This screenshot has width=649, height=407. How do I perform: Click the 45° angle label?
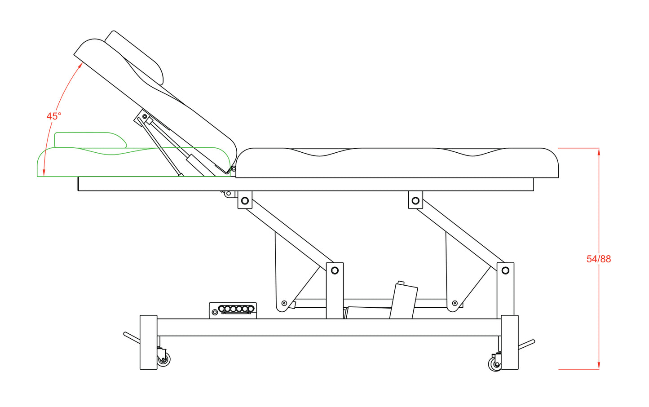[x=54, y=116]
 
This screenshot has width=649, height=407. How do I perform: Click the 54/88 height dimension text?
[x=599, y=259]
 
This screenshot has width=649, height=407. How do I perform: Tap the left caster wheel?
[x=163, y=360]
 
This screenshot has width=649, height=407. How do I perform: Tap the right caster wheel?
[x=495, y=364]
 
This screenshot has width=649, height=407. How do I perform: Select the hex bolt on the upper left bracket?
[x=245, y=201]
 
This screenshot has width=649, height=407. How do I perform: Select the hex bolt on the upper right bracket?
[x=415, y=201]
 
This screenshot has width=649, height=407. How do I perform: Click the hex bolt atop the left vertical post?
[x=335, y=270]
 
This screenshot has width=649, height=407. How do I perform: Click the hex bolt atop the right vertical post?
[x=505, y=270]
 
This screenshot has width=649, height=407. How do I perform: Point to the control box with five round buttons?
[x=233, y=310]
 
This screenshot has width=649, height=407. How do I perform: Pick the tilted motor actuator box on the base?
[x=403, y=301]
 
